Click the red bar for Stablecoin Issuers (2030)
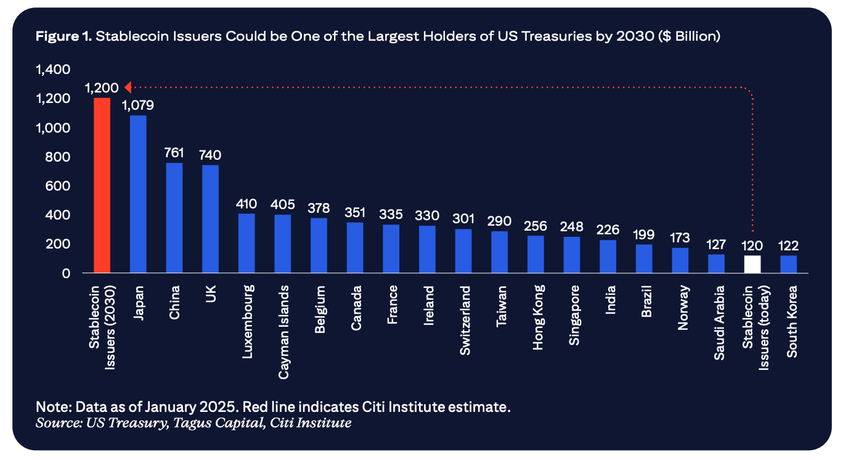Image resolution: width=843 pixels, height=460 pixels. tap(102, 185)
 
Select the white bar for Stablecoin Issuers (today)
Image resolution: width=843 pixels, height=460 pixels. tap(752, 264)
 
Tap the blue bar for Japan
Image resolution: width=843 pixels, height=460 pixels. tap(138, 194)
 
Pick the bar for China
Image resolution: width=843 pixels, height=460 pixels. tap(174, 217)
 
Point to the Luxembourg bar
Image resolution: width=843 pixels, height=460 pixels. tap(246, 243)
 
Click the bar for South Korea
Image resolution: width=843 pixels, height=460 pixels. tap(788, 264)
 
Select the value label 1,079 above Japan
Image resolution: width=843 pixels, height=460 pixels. tap(138, 105)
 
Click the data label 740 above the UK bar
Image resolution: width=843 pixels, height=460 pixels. tap(210, 155)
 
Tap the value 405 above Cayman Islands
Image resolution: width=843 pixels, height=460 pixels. tap(283, 204)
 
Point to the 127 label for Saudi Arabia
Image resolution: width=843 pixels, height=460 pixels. tap(716, 245)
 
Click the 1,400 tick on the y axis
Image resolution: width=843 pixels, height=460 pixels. tap(54, 70)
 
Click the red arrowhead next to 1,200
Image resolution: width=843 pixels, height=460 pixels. tap(128, 86)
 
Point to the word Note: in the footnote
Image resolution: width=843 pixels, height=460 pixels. tap(52, 408)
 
